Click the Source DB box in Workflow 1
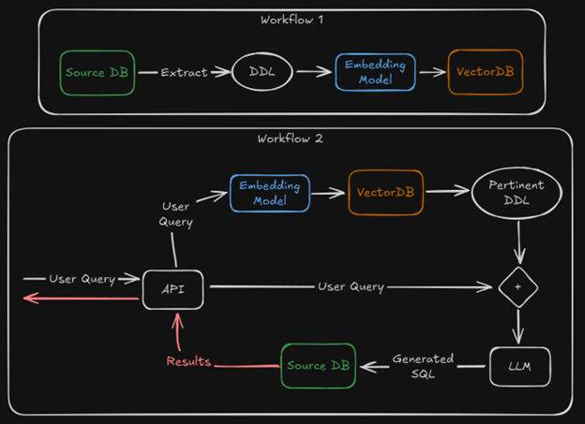pyautogui.click(x=98, y=72)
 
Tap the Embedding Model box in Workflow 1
pyautogui.click(x=375, y=72)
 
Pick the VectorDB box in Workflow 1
pyautogui.click(x=485, y=72)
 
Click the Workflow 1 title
pyautogui.click(x=291, y=19)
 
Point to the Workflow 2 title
pyautogui.click(x=291, y=139)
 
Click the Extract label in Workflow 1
pyautogui.click(x=184, y=72)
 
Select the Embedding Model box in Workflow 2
pyautogui.click(x=269, y=193)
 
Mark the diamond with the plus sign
pyautogui.click(x=517, y=287)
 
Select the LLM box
pyautogui.click(x=517, y=366)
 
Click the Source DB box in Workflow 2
pyautogui.click(x=319, y=364)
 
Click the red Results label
pyautogui.click(x=188, y=361)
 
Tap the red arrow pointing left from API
pyautogui.click(x=80, y=299)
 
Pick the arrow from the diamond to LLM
pyautogui.click(x=517, y=327)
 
